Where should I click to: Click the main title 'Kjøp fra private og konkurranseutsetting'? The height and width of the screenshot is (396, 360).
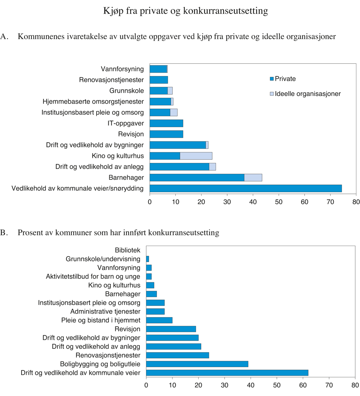[x=185, y=11]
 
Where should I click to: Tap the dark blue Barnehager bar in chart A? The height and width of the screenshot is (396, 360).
[x=197, y=177]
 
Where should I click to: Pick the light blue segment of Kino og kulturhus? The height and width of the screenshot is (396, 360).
[x=196, y=156]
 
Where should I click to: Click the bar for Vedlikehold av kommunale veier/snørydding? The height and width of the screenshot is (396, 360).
[x=246, y=188]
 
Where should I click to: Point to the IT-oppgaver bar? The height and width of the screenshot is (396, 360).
[x=166, y=123]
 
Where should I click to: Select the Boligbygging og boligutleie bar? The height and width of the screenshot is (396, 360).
[x=197, y=364]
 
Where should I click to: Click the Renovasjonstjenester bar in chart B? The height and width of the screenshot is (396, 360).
[x=177, y=355]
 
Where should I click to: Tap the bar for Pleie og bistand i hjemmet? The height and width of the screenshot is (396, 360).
[x=159, y=320]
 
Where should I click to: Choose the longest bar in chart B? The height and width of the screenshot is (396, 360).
[x=227, y=373]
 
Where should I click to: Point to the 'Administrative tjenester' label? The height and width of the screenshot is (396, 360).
[x=105, y=311]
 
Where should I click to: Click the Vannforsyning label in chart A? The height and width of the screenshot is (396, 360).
[x=122, y=69]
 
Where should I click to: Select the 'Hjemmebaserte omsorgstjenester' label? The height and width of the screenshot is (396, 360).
[x=93, y=101]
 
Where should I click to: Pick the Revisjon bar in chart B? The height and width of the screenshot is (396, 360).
[x=171, y=329]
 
